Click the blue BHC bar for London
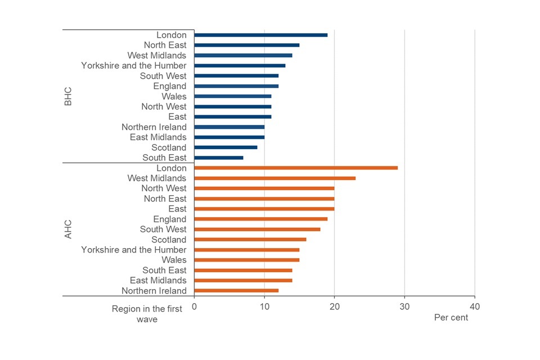[x=260, y=35]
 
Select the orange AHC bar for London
[x=296, y=168]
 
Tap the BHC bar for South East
[x=219, y=157]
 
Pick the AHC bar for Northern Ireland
[x=236, y=290]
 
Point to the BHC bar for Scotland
[x=226, y=147]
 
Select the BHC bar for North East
[x=246, y=45]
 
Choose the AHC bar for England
[x=260, y=219]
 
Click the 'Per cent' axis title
[x=451, y=317]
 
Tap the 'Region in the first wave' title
[x=147, y=314]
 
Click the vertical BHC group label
[x=68, y=96]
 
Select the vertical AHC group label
[x=68, y=229]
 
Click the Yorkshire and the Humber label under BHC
[x=133, y=66]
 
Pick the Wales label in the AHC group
[x=174, y=260]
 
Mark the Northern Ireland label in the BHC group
[x=154, y=127]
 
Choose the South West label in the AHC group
[x=163, y=229]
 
